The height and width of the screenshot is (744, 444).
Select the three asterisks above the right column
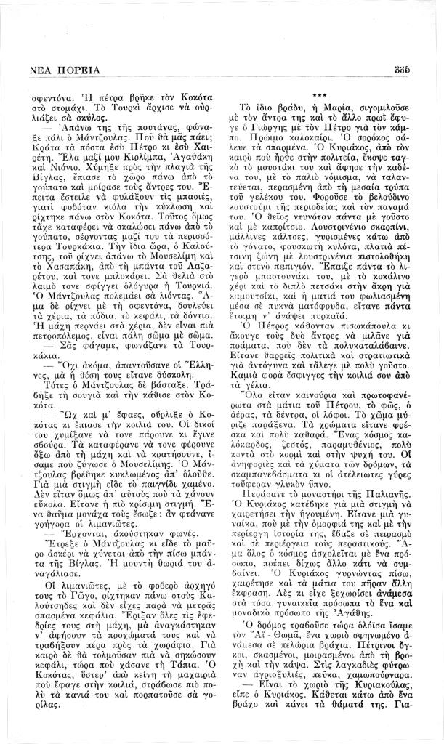coord(318,95)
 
